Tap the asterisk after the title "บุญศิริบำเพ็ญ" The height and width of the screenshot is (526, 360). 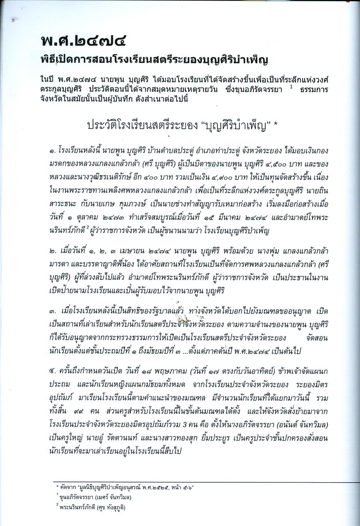(x=275, y=124)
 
